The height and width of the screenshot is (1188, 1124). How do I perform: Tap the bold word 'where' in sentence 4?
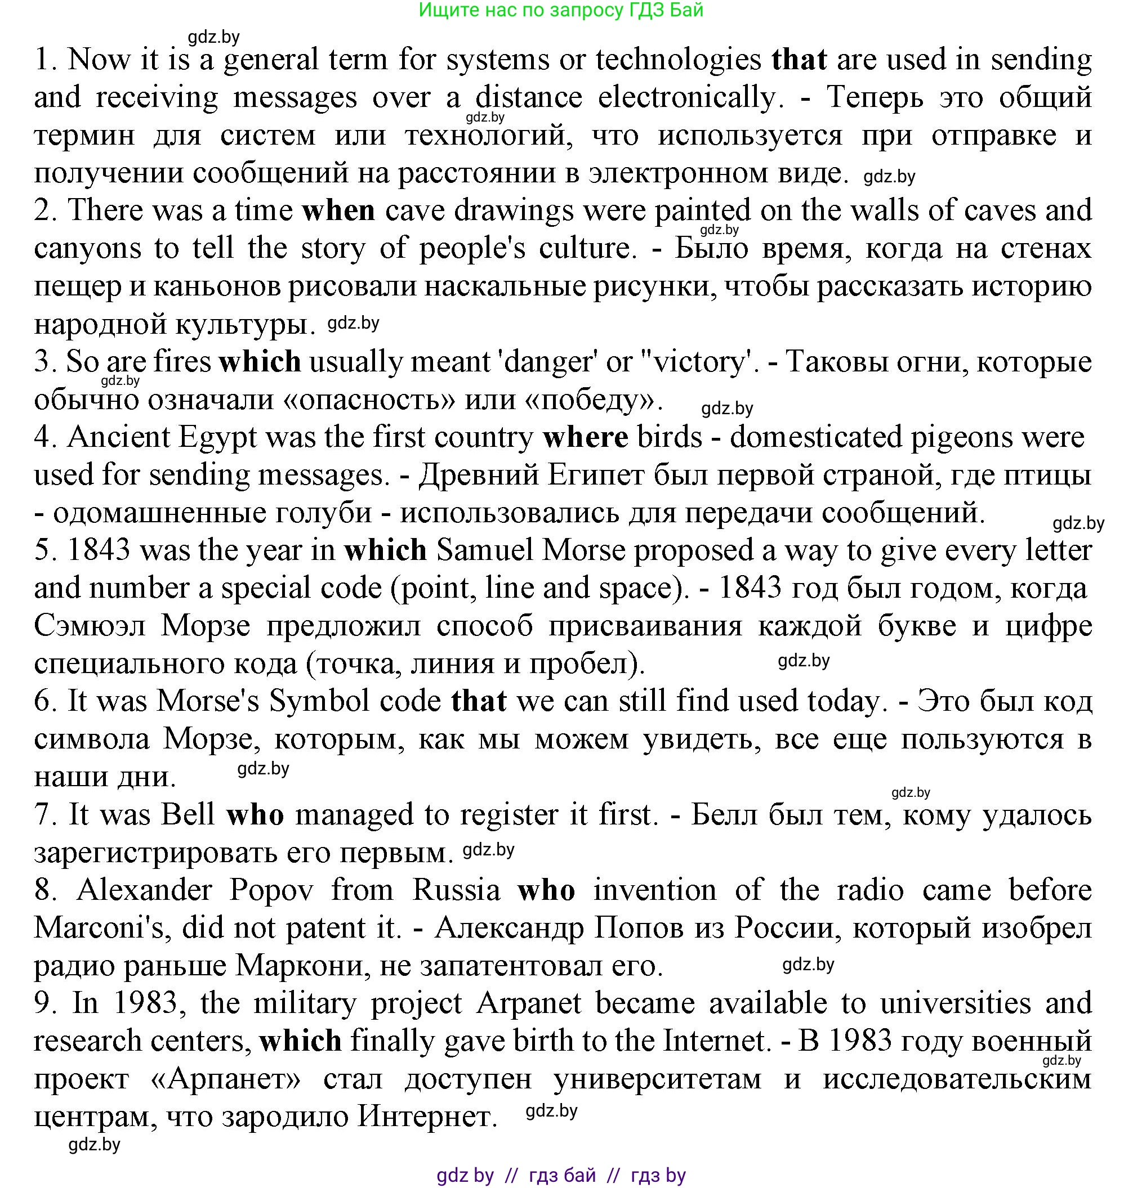(585, 437)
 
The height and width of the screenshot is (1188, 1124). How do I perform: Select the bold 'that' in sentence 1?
(799, 60)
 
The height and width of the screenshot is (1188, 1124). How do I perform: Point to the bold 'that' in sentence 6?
(479, 701)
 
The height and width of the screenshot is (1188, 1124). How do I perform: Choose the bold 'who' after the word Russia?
(546, 890)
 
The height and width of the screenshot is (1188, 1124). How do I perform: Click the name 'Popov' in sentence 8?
(271, 890)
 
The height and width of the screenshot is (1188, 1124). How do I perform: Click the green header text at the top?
(561, 10)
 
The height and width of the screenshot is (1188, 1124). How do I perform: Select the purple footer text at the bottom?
(561, 1175)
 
